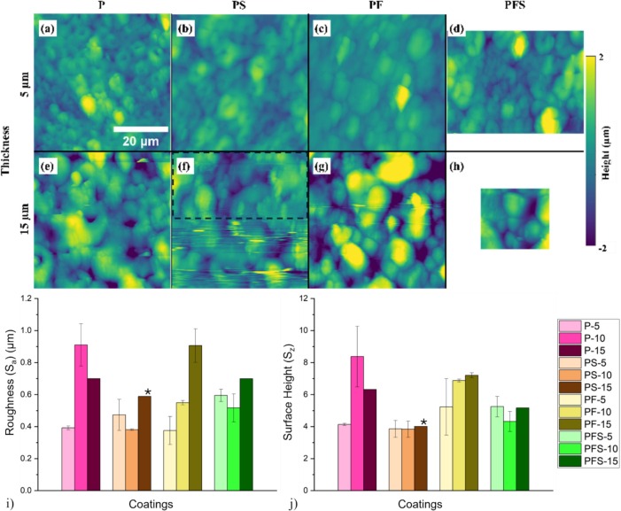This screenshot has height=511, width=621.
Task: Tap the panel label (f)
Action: click(x=185, y=166)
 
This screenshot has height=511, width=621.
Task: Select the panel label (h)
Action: click(x=457, y=166)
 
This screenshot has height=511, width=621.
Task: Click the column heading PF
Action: click(x=376, y=6)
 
